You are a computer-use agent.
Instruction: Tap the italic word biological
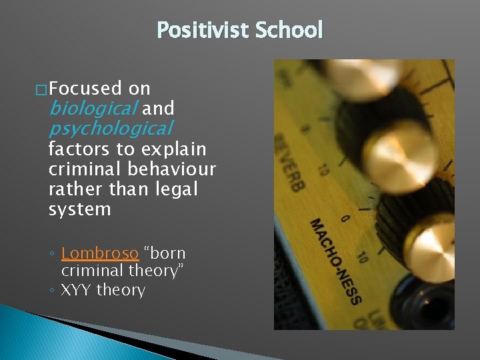93,108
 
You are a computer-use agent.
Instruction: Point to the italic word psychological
111,127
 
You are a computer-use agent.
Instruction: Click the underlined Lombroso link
99,253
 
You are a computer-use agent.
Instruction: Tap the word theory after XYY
121,290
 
